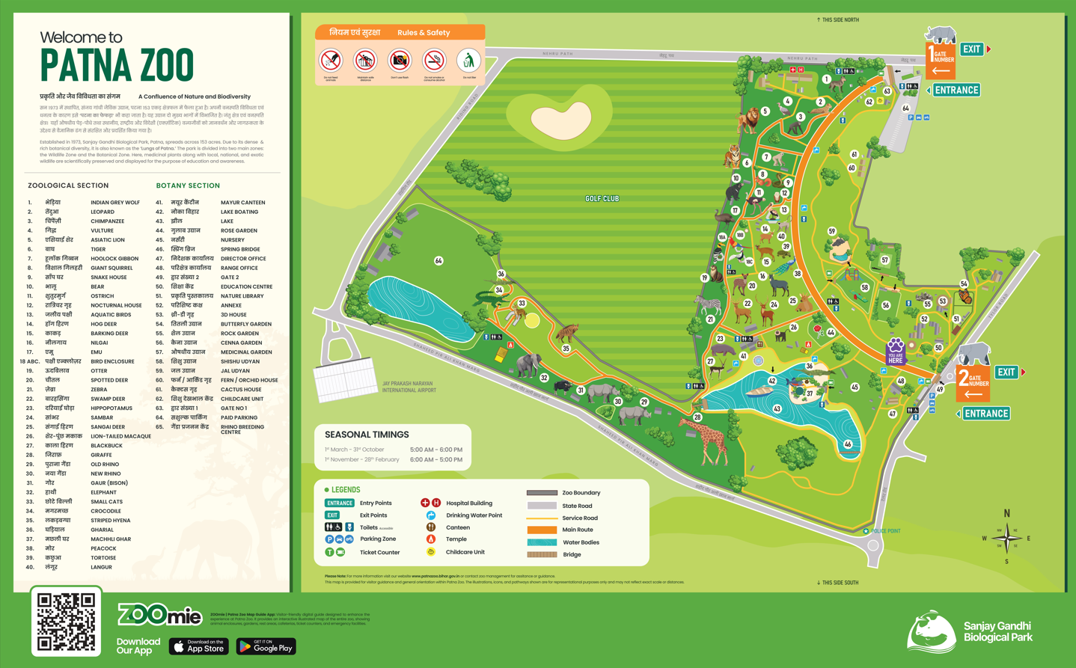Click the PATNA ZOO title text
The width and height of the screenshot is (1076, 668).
[117, 65]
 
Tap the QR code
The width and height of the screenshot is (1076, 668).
[67, 622]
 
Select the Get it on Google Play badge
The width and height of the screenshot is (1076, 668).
[266, 646]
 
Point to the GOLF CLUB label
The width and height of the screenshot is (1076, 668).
[602, 199]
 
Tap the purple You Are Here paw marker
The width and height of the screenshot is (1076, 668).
[895, 351]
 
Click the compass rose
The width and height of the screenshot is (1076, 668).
[1006, 537]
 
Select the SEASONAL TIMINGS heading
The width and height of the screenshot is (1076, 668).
[367, 435]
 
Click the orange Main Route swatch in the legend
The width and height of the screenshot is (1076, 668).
[542, 530]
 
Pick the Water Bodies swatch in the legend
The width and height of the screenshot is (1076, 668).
[542, 542]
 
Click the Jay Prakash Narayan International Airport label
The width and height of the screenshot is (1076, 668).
[409, 387]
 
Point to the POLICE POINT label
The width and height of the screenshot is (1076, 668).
[885, 531]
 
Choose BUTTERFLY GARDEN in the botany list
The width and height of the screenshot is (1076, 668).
[245, 324]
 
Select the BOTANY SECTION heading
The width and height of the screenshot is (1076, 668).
[188, 186]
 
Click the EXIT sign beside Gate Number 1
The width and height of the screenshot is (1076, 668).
[971, 49]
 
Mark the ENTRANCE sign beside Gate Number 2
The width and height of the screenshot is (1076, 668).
[986, 414]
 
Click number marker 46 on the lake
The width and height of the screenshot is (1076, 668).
[848, 444]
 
